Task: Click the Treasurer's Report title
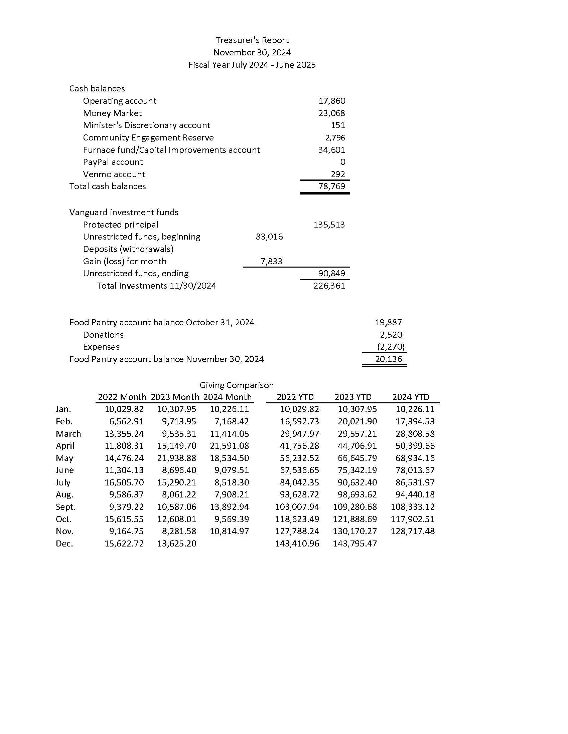252,40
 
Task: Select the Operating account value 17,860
332,101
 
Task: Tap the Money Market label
112,113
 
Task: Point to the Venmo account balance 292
338,174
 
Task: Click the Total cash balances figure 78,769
332,186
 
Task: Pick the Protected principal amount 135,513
329,225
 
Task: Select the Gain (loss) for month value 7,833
271,261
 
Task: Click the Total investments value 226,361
329,286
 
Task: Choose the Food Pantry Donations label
103,335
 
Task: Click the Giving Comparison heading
237,385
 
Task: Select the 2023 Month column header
175,397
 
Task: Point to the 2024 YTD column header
411,397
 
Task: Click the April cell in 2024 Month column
230,446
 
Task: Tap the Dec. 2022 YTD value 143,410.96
297,543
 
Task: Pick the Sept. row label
65,507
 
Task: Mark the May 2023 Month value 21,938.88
177,458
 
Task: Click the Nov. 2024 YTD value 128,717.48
413,531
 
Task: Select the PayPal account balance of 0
342,162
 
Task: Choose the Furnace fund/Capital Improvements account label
171,150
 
